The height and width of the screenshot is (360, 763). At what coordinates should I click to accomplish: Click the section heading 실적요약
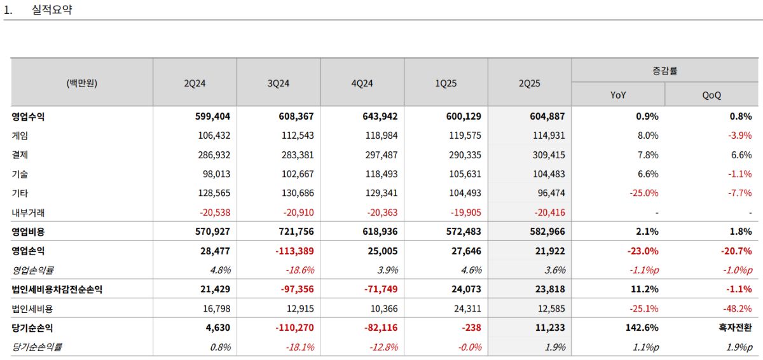pos(52,10)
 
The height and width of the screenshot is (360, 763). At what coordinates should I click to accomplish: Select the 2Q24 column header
pos(195,83)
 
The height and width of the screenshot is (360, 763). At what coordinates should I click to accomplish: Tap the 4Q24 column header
pos(362,83)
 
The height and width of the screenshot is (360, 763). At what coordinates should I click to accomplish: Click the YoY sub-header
pos(618,95)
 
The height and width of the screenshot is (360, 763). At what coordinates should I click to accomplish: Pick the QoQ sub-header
pos(711,95)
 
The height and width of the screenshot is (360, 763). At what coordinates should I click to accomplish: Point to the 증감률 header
pos(664,71)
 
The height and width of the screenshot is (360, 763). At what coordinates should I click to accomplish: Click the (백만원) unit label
pos(82,83)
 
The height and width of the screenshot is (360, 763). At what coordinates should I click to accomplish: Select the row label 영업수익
pos(28,116)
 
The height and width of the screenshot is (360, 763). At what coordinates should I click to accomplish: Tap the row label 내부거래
pos(28,212)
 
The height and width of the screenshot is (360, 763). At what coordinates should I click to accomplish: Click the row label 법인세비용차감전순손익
pos(57,289)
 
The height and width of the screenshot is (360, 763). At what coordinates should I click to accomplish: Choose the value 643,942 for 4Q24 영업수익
pos(380,116)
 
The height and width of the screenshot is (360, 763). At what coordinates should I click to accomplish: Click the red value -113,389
pos(294,251)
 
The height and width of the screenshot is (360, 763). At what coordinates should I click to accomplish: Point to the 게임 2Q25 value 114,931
pos(549,135)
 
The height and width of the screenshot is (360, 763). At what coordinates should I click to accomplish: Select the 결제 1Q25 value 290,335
pos(465,155)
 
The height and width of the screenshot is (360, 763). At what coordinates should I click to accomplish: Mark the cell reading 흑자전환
pos(735,328)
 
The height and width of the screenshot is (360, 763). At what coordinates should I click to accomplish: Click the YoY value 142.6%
pos(642,328)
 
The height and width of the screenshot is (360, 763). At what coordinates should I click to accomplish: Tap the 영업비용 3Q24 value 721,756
pos(296,232)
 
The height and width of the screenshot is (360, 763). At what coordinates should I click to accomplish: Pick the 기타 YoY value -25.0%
pos(643,193)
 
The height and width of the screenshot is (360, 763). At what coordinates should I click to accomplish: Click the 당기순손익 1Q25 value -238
pos(471,328)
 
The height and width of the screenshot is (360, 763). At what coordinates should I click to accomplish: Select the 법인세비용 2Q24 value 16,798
pos(217,308)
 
